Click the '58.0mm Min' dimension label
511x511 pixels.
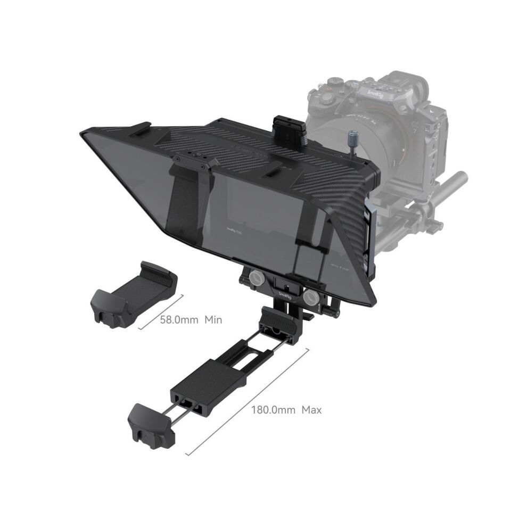pos(191,320)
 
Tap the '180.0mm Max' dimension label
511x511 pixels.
pos(286,410)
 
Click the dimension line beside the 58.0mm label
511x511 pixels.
pos(161,312)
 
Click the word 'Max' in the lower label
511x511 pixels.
pos(311,410)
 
